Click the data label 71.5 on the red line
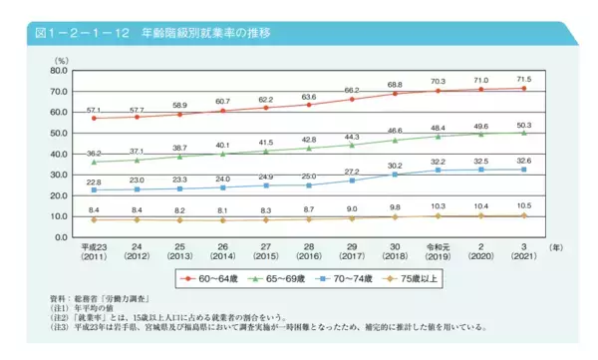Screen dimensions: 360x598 (523, 78)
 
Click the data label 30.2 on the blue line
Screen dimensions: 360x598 (395, 165)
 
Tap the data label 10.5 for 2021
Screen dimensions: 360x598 (523, 205)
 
